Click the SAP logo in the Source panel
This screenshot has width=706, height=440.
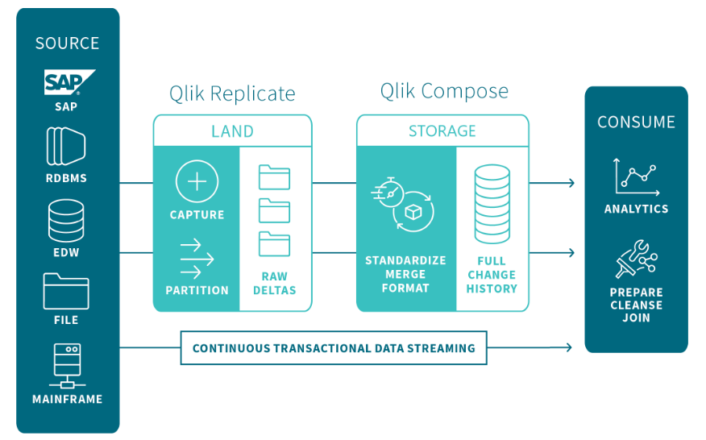click(x=68, y=82)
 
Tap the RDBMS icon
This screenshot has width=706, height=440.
click(x=66, y=147)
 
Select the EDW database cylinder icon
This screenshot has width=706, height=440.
click(x=66, y=220)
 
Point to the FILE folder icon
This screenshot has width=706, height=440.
click(x=66, y=291)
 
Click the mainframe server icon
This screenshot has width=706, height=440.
click(x=67, y=366)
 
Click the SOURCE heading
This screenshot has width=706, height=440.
click(x=67, y=44)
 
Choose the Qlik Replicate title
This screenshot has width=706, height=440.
click(x=232, y=93)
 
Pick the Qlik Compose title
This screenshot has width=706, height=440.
click(x=444, y=90)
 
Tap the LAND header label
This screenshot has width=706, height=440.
click(x=232, y=131)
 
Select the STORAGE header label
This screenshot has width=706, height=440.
click(x=442, y=131)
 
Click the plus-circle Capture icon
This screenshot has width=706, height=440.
click(x=197, y=181)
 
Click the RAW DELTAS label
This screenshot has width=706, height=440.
click(x=275, y=284)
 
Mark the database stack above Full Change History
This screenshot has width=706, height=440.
click(x=492, y=204)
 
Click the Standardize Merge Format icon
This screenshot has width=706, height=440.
click(x=404, y=204)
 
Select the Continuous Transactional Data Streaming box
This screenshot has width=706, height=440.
click(x=334, y=348)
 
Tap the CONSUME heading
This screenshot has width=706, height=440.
click(x=636, y=122)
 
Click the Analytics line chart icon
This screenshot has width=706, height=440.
click(x=636, y=176)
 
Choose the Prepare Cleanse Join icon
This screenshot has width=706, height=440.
click(x=636, y=259)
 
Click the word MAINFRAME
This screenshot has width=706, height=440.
click(x=67, y=399)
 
